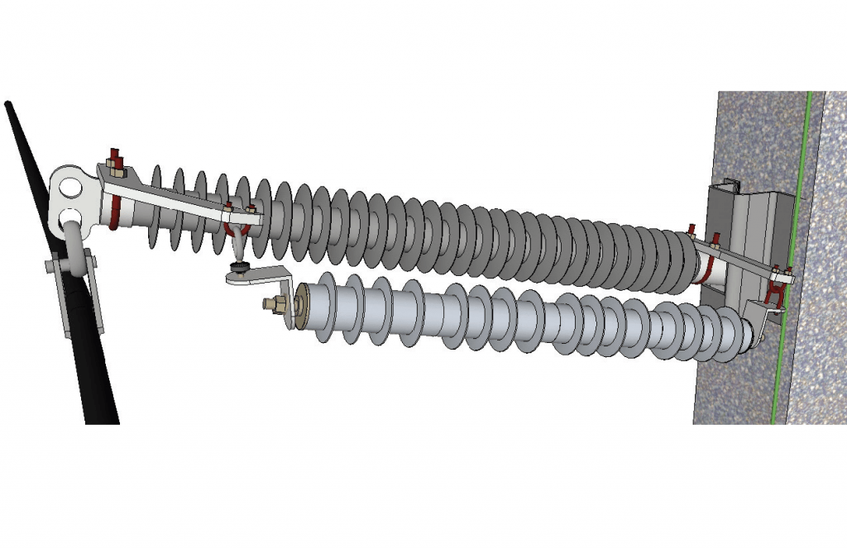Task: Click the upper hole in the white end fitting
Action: (x=72, y=186)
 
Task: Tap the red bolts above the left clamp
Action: (x=116, y=159)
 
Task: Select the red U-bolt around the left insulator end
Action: (x=112, y=217)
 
